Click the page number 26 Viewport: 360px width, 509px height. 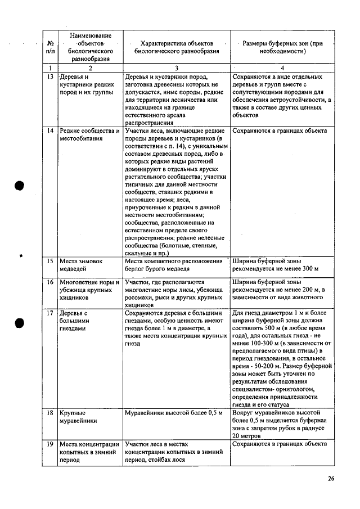[x=331, y=479]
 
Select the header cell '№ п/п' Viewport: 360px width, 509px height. [x=50, y=47]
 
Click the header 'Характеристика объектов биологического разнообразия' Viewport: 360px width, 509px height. [x=175, y=47]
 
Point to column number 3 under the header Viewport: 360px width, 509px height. [x=175, y=67]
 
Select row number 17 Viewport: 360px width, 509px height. [x=49, y=312]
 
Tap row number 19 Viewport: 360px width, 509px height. [x=49, y=444]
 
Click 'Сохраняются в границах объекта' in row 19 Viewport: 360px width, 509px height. [x=279, y=444]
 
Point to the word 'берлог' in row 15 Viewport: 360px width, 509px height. [x=136, y=269]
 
